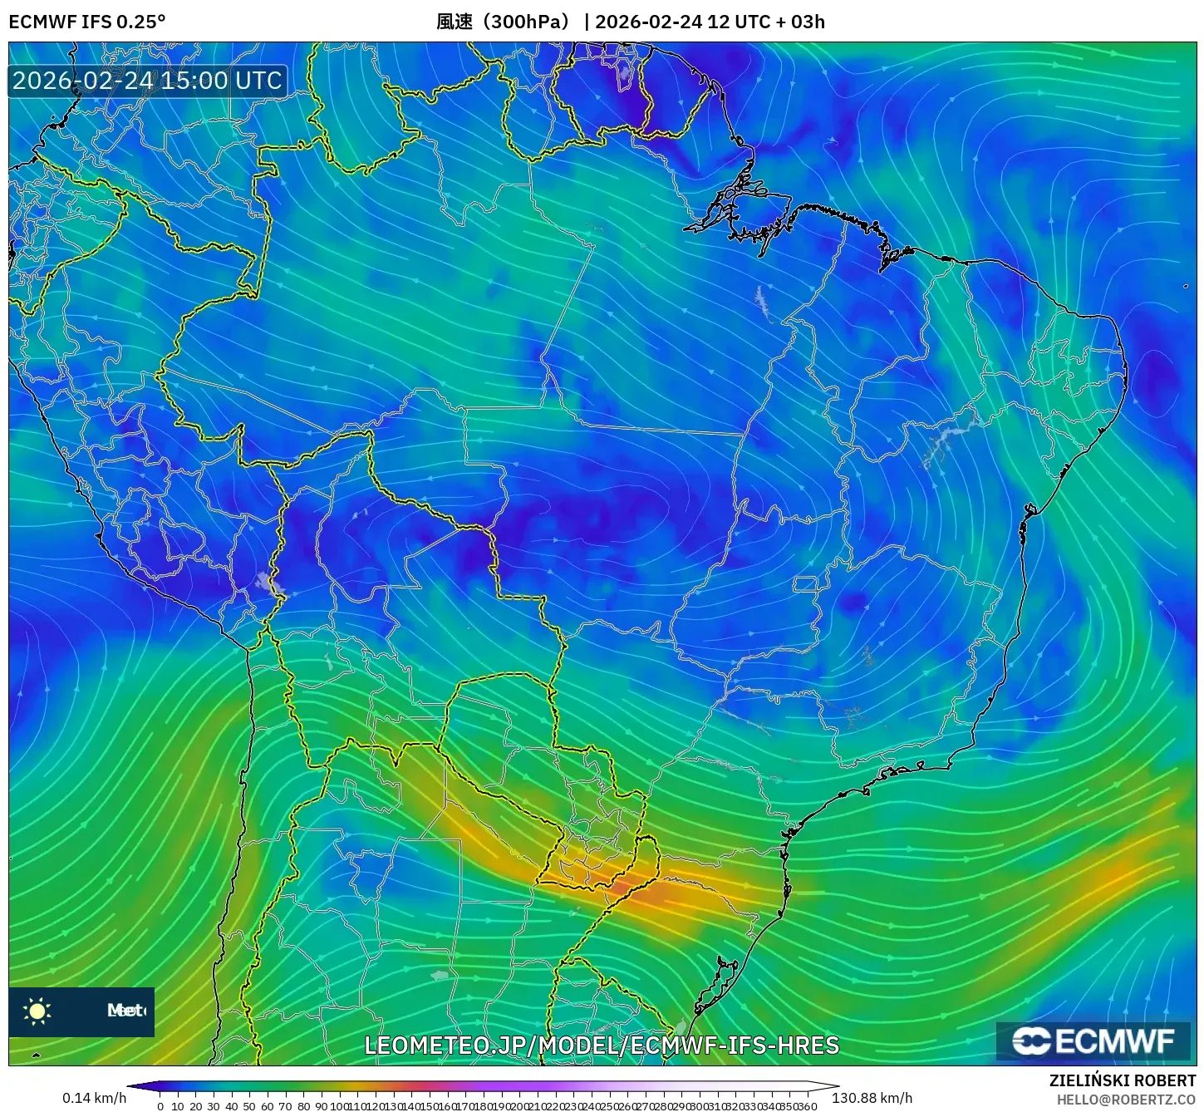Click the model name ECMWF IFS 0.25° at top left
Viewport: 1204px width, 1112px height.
click(x=86, y=22)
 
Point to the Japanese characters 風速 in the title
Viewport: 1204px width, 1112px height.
click(x=455, y=22)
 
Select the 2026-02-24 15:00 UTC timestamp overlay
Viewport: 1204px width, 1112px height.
click(x=147, y=81)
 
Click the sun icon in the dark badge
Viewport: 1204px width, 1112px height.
click(x=37, y=1011)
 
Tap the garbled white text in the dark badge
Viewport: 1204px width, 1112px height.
click(x=125, y=1011)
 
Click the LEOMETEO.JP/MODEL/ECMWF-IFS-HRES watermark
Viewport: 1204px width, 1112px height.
click(x=602, y=1046)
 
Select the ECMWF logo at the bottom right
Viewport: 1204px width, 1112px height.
click(x=1093, y=1041)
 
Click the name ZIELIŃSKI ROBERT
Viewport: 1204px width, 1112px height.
click(x=1122, y=1081)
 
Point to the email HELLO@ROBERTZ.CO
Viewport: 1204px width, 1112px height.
click(x=1126, y=1100)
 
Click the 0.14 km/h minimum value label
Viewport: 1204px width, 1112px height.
click(x=94, y=1098)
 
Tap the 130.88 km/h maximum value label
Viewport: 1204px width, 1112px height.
click(x=872, y=1098)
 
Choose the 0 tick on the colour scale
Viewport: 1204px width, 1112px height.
click(x=160, y=1106)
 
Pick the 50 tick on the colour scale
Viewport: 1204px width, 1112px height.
click(x=249, y=1106)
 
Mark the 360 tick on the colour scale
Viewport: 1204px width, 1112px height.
click(x=808, y=1106)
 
